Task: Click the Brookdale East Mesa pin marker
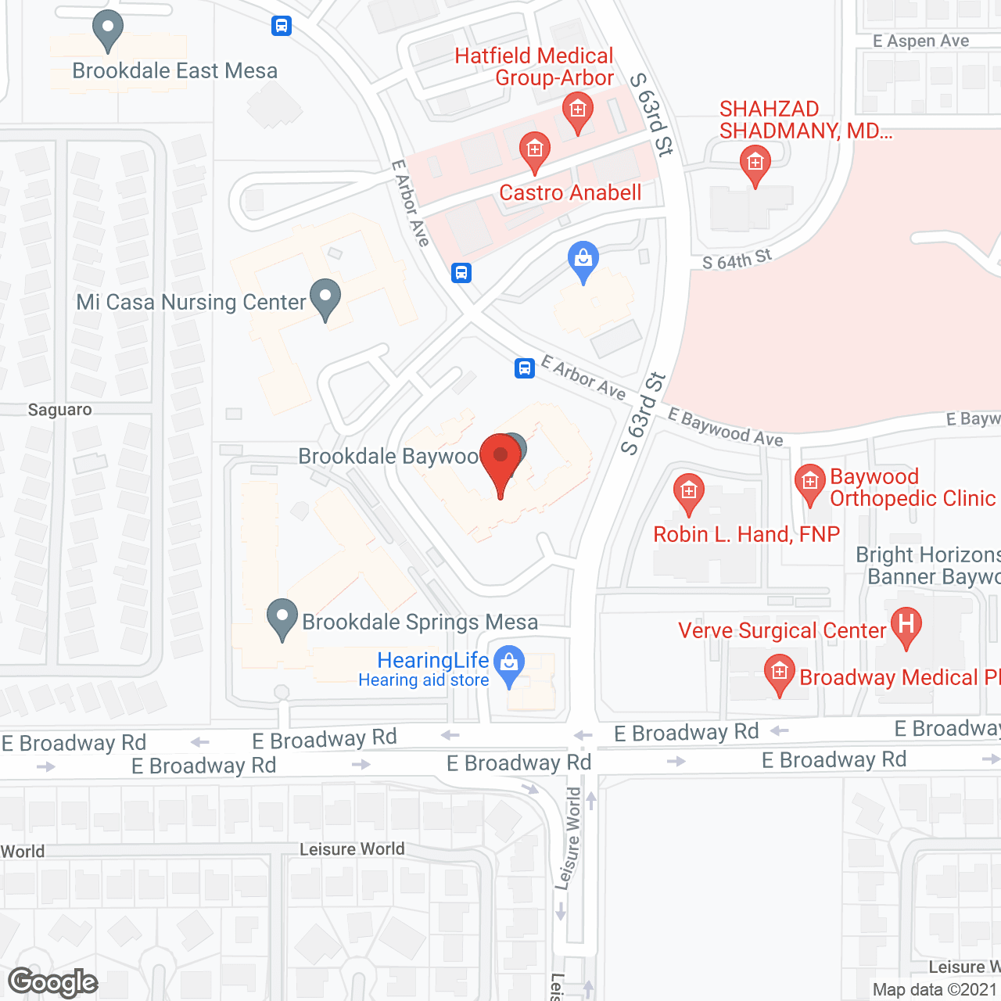click(108, 30)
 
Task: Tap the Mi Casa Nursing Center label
click(190, 303)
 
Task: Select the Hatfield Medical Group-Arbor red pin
click(578, 112)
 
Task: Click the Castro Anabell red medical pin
click(535, 151)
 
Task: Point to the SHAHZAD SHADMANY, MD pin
click(755, 165)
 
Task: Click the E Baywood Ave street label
click(725, 428)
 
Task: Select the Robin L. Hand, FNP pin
click(688, 493)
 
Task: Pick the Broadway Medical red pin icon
click(779, 674)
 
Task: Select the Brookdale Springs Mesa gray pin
click(282, 619)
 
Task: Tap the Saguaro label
click(59, 410)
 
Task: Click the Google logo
click(53, 982)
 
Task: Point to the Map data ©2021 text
click(935, 990)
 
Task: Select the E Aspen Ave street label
click(920, 41)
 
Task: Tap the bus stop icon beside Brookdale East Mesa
click(282, 26)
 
